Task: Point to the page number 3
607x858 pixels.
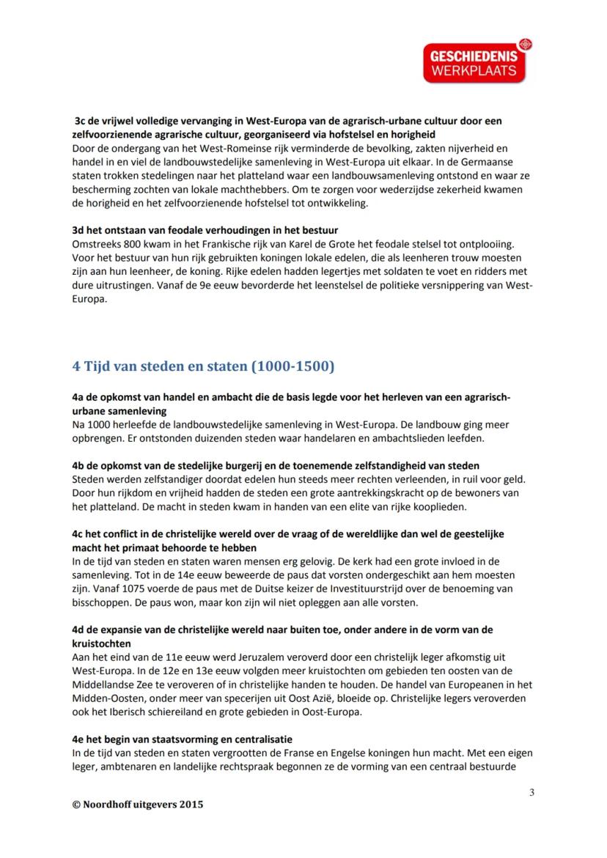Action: pos(531,792)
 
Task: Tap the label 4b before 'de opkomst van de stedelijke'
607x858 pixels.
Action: pos(79,465)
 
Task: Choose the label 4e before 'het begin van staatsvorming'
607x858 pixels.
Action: pos(79,739)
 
